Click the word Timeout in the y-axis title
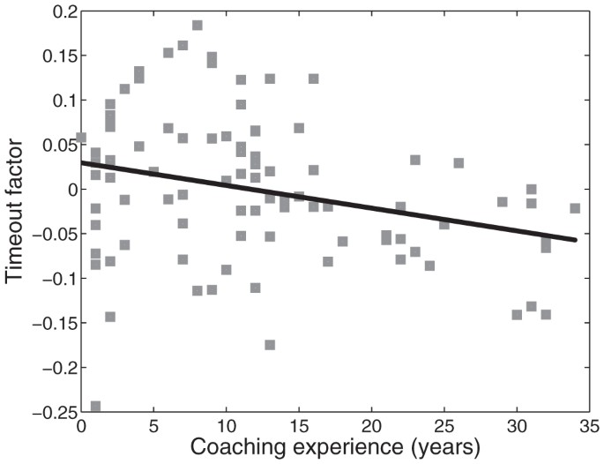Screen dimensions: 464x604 point(19,237)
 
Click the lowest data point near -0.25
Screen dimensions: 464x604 point(95,407)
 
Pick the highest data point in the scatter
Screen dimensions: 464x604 point(198,26)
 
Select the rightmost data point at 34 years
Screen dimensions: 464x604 point(575,208)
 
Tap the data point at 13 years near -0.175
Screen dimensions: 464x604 point(270,344)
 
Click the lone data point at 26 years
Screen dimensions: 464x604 point(459,163)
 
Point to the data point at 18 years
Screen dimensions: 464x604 point(342,241)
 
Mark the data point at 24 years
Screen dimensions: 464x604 point(429,266)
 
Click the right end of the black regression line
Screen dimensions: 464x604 point(575,240)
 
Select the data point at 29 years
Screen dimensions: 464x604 point(503,202)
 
